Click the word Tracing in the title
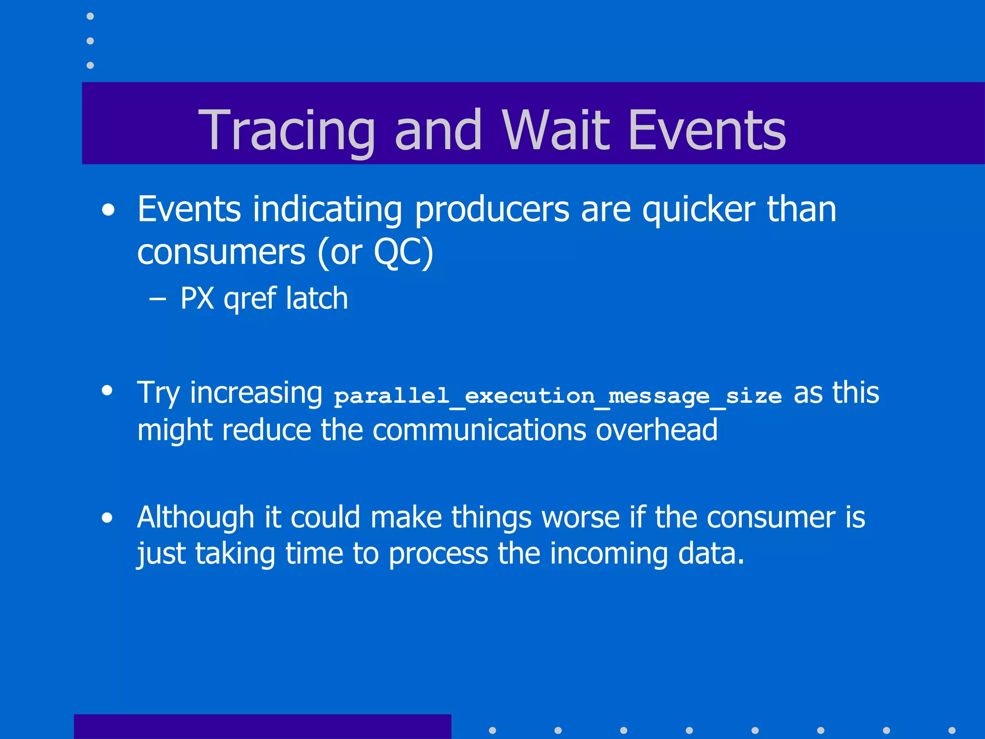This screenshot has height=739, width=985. tap(287, 130)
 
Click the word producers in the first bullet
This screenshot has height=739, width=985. tap(492, 211)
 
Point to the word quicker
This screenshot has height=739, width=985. tap(698, 211)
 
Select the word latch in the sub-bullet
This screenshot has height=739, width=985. tap(316, 298)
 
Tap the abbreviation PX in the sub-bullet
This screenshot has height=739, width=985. tap(197, 298)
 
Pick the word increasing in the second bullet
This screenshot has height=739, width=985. tap(256, 394)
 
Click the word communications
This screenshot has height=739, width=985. tap(479, 430)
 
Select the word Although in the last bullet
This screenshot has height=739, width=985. tap(195, 518)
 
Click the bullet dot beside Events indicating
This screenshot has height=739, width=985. tap(109, 210)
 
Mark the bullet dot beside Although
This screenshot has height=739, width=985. tap(107, 518)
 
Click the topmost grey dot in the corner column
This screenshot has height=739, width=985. tap(90, 16)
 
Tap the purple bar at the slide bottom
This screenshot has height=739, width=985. tap(262, 726)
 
